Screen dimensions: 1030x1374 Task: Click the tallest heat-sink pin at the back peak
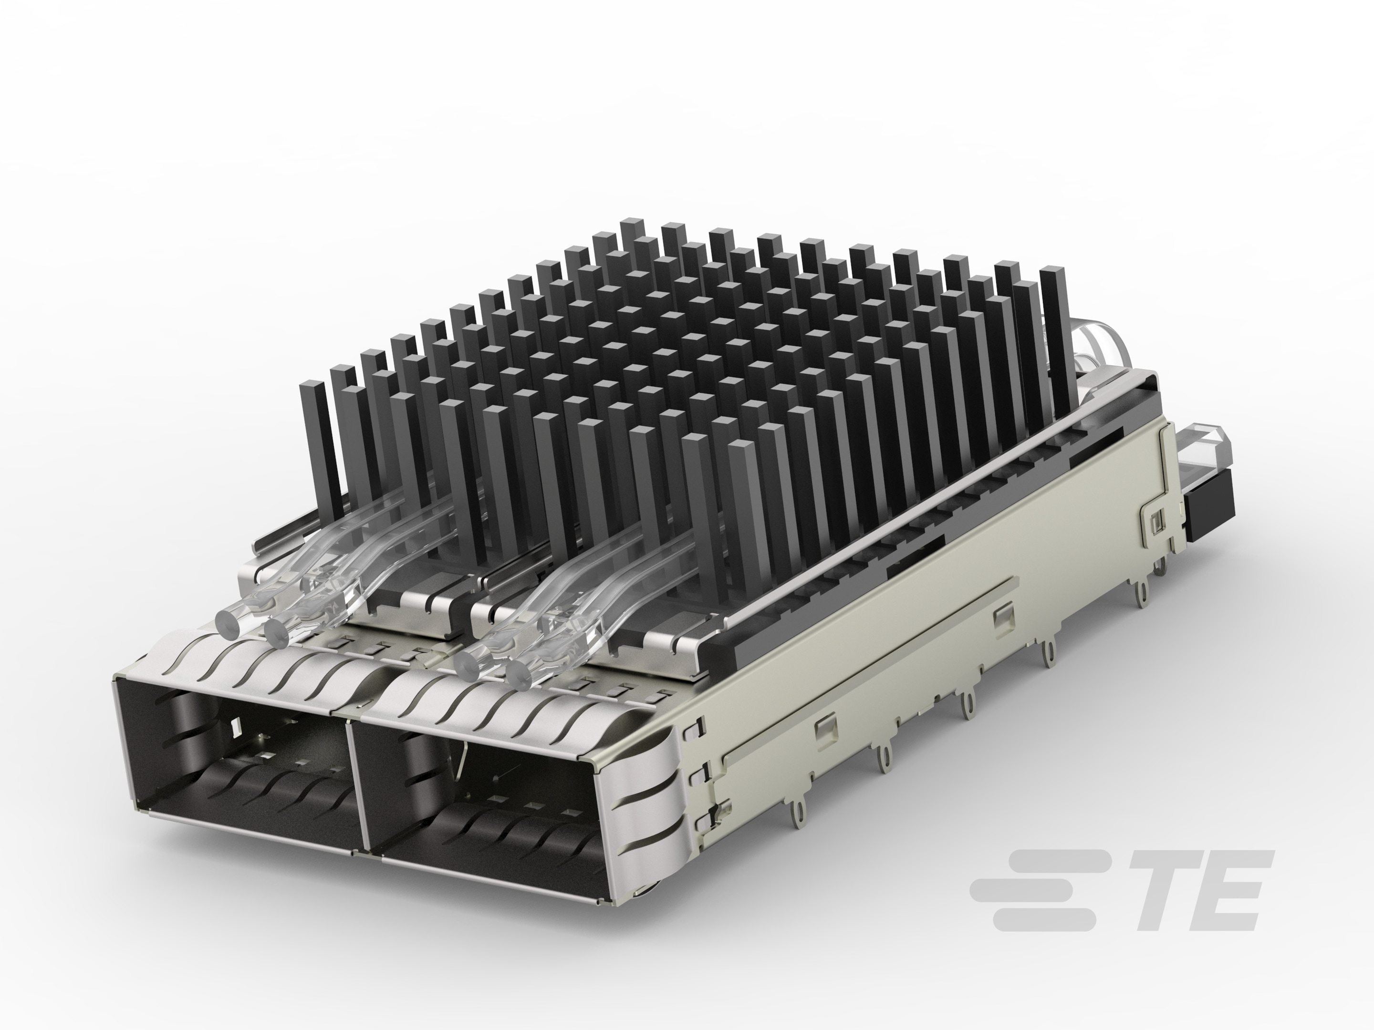pyautogui.click(x=632, y=228)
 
